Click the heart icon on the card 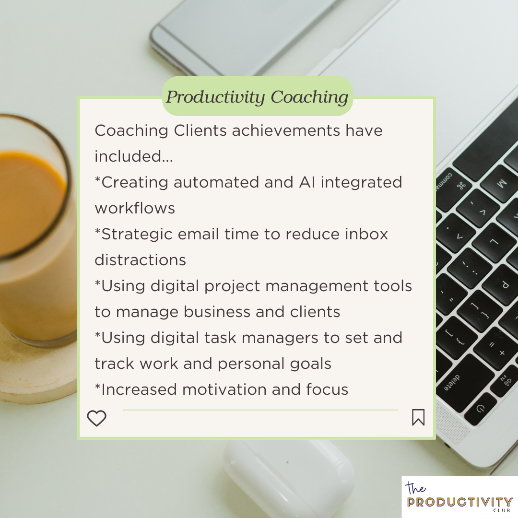(x=96, y=418)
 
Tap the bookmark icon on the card (x=418, y=417)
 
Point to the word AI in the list (x=307, y=182)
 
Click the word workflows (x=135, y=209)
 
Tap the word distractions (x=141, y=260)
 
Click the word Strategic (x=137, y=235)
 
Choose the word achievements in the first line (x=286, y=130)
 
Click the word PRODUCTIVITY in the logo (x=459, y=502)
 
